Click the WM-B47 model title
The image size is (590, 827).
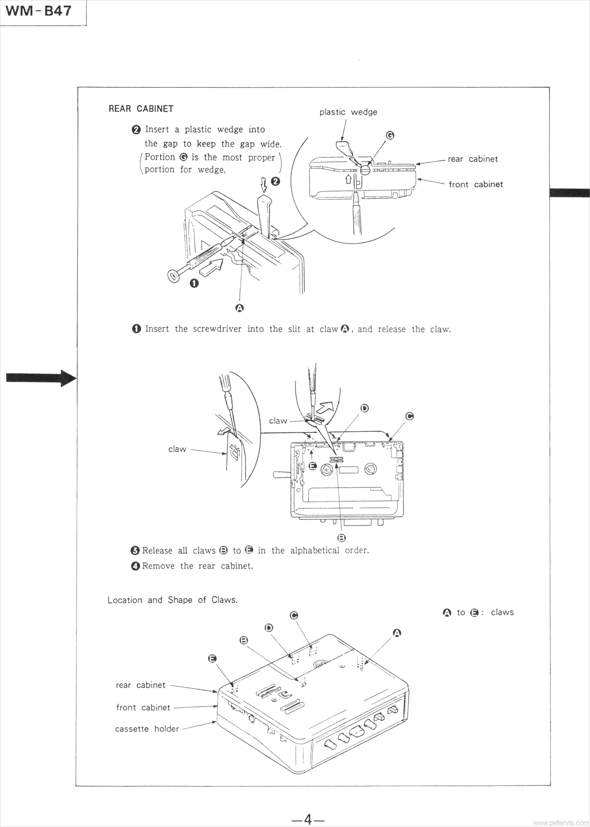coord(38,11)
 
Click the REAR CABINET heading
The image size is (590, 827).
coord(141,109)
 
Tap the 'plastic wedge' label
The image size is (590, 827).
coord(348,112)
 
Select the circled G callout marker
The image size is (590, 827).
coord(390,135)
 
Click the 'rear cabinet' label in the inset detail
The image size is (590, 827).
coord(472,159)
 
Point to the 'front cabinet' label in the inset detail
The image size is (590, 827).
coord(475,184)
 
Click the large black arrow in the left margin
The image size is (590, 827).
coord(41,378)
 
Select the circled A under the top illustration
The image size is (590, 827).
coord(239,308)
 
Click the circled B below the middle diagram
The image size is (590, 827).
coord(341,538)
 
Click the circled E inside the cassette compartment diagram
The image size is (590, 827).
coord(312,466)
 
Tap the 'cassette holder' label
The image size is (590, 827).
coord(147,729)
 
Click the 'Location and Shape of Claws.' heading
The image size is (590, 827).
coord(172,600)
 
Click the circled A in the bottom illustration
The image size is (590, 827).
coord(397,633)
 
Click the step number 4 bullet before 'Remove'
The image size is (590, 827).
coord(135,566)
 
